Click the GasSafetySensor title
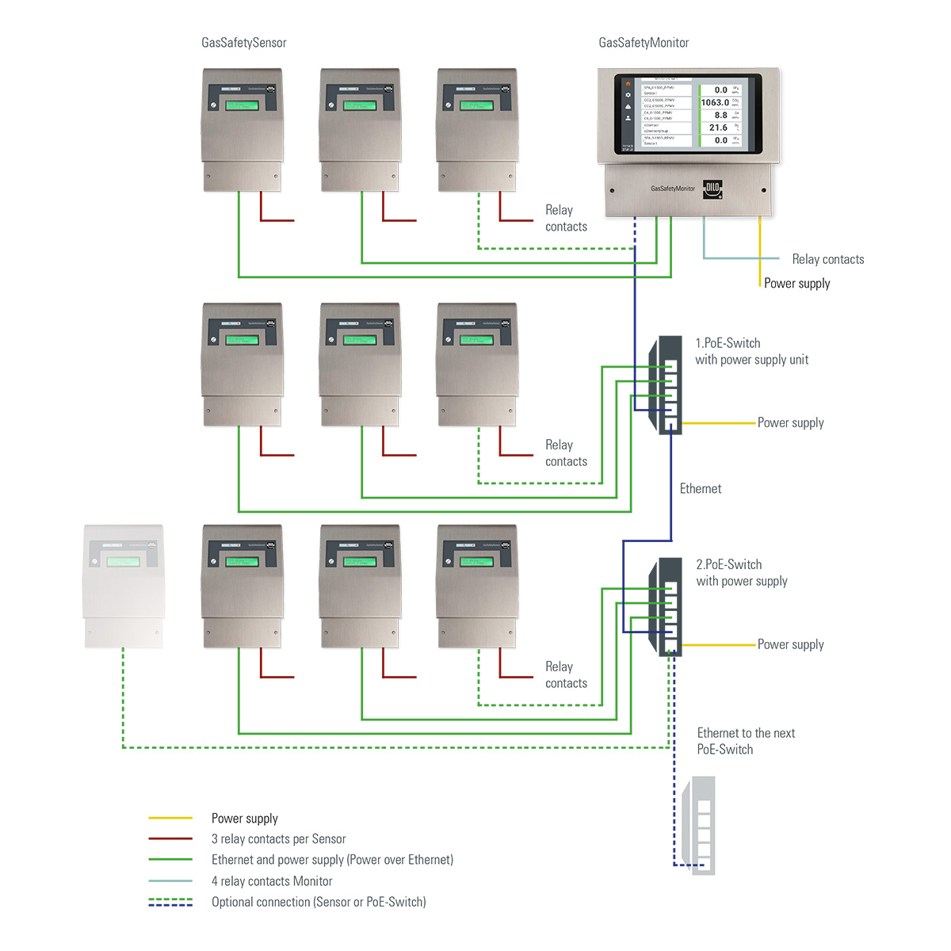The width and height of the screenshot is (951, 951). (x=243, y=43)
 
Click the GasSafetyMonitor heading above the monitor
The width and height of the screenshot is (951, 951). (x=644, y=43)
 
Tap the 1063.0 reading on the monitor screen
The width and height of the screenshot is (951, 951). (x=715, y=102)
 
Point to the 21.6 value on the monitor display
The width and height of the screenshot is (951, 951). (x=718, y=128)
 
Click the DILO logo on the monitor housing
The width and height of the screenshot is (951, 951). (x=712, y=189)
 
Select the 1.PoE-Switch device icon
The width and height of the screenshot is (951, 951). (x=666, y=384)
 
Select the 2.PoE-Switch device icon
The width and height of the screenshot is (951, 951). (x=666, y=606)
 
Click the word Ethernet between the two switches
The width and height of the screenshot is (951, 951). (x=701, y=489)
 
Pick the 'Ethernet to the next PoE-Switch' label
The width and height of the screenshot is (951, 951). (x=746, y=741)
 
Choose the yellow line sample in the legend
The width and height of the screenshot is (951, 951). (x=170, y=818)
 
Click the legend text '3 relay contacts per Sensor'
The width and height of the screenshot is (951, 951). (x=278, y=839)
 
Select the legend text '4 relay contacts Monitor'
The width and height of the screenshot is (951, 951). (x=272, y=881)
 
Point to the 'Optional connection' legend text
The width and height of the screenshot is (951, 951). (x=319, y=902)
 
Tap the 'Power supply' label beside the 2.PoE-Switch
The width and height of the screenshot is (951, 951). (x=790, y=645)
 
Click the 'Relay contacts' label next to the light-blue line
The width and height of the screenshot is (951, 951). (x=827, y=259)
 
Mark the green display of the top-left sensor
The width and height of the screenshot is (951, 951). (x=241, y=105)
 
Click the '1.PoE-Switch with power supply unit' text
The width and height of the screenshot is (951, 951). (x=751, y=351)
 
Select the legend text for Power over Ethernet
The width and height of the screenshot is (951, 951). (x=332, y=860)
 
